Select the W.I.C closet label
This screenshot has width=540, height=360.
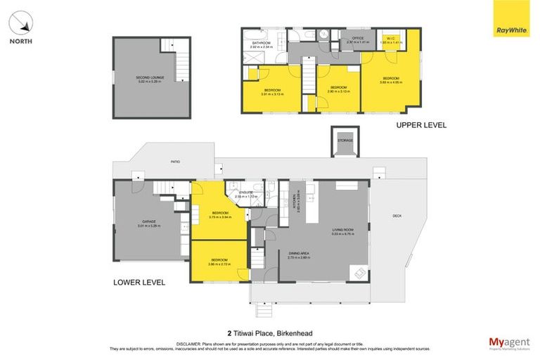(x=391, y=39)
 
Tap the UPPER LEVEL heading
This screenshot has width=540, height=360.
(x=421, y=125)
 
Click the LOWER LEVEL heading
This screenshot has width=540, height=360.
(x=139, y=283)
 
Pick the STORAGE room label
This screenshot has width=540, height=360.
(x=345, y=140)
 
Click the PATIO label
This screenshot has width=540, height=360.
(x=174, y=162)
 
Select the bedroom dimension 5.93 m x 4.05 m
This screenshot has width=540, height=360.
(x=390, y=82)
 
